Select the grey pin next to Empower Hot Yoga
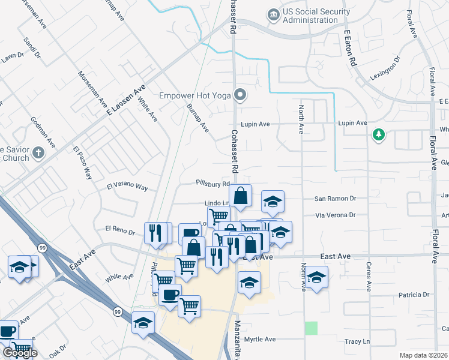click(241, 95)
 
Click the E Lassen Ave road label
click(126, 100)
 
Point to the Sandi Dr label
click(32, 48)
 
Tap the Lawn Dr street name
click(11, 58)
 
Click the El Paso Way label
click(82, 163)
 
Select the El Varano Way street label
click(127, 187)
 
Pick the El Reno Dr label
click(118, 229)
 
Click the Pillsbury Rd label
click(213, 184)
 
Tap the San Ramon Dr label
click(335, 199)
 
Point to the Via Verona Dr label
click(336, 215)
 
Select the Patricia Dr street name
click(414, 295)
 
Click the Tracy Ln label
click(357, 341)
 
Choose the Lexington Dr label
click(384, 70)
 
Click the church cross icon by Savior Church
click(38, 152)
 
